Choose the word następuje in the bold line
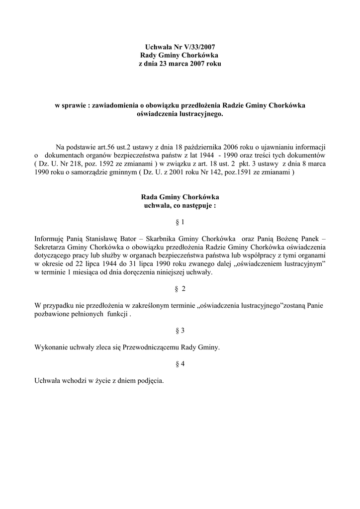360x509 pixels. (x=197, y=205)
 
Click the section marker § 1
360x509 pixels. (x=180, y=221)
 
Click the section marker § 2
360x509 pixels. (x=180, y=289)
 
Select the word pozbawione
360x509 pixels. (x=52, y=314)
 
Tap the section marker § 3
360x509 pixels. (x=180, y=331)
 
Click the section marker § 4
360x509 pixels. (x=180, y=364)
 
